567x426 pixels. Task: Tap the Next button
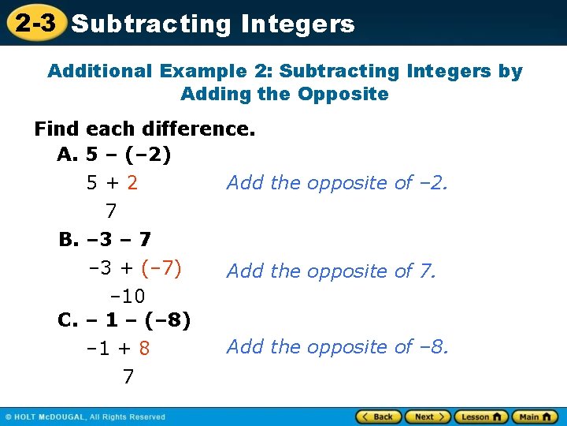point(428,417)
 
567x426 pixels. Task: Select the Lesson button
point(480,417)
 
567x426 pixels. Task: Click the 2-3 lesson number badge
point(35,22)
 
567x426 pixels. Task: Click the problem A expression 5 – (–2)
point(129,155)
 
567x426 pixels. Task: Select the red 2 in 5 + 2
point(132,183)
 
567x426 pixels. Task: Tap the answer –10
point(127,296)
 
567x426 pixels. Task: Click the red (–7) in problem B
point(161,269)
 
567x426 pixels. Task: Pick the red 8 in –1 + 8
point(144,348)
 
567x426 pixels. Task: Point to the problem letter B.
point(68,238)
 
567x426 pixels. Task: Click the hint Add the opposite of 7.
point(331,271)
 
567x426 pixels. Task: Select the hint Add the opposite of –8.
point(337,346)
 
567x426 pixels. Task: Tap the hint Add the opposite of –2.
point(337,183)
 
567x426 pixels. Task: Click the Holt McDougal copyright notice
point(85,417)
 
